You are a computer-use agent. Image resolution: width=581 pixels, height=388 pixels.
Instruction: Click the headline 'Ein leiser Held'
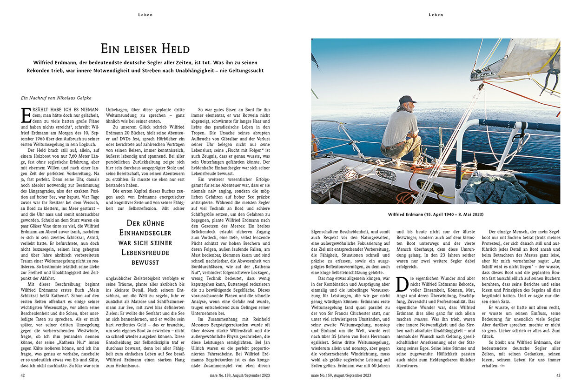[x=145, y=48]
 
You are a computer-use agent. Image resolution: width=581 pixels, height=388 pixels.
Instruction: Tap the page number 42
[x=23, y=375]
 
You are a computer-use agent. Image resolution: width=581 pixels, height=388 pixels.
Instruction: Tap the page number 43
[x=558, y=375]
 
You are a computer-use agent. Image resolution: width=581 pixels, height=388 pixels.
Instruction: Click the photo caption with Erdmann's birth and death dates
[x=435, y=214]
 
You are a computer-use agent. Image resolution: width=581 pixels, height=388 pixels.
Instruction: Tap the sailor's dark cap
[x=407, y=100]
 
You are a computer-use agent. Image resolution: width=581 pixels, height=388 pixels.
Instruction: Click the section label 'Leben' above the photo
[x=436, y=15]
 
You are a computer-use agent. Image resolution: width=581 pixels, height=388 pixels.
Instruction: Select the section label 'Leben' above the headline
[x=145, y=15]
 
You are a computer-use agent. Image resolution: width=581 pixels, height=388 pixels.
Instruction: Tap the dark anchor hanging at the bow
[x=553, y=74]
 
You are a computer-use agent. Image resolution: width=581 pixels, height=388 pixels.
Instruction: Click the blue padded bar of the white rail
[x=516, y=125]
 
